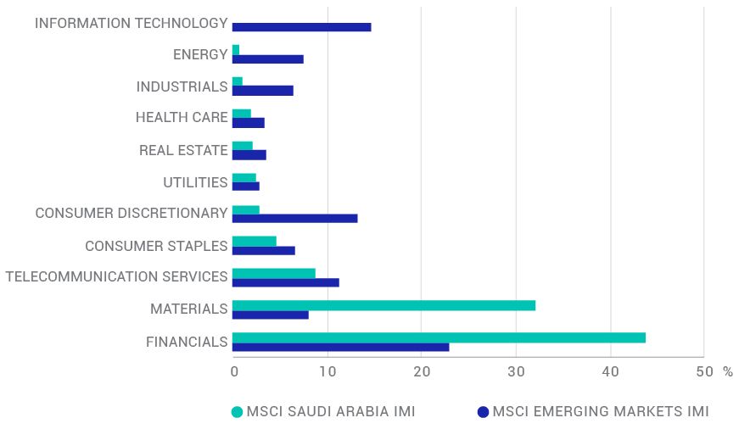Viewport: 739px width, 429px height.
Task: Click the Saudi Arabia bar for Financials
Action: tap(438, 337)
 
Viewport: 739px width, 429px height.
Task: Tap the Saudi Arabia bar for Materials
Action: tap(383, 305)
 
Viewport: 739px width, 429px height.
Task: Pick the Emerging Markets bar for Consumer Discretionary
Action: tap(294, 218)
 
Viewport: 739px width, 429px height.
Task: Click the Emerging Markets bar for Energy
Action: tap(267, 59)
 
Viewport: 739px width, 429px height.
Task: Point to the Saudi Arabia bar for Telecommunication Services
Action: tap(273, 273)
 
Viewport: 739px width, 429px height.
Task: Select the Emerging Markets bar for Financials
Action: tap(340, 347)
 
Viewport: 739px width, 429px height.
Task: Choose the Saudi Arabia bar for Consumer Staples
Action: tap(254, 241)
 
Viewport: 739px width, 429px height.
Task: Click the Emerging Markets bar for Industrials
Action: tap(262, 91)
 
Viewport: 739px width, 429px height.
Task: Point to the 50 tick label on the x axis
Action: tap(704, 371)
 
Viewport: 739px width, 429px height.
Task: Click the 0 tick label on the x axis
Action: tap(234, 371)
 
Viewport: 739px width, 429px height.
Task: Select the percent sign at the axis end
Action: tap(727, 371)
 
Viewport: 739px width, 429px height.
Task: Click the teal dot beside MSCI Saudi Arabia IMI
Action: tap(237, 412)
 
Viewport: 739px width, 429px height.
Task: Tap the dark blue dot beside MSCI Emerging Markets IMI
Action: tap(483, 412)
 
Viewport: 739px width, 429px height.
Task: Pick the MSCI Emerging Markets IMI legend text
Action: tap(601, 412)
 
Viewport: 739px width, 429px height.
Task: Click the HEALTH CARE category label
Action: tap(182, 118)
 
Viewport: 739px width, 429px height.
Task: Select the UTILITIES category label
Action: tap(195, 182)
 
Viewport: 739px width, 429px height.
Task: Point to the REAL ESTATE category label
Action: tap(183, 150)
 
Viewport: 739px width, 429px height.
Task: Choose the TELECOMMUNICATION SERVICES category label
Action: tap(116, 276)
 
